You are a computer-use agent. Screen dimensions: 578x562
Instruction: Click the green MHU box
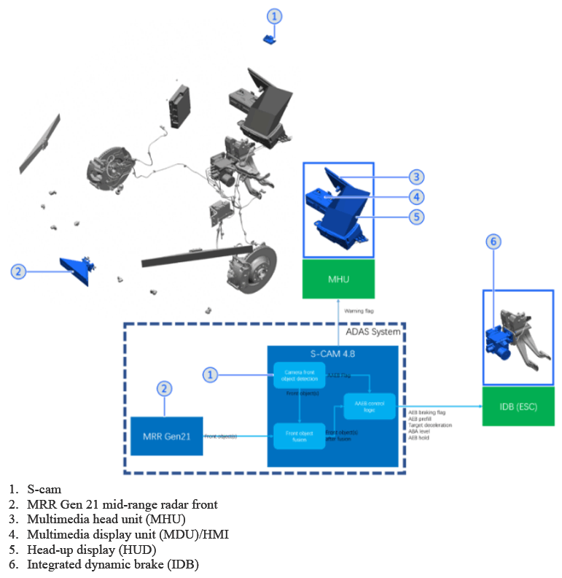coord(338,279)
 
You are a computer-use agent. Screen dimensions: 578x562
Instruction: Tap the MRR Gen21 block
coord(166,436)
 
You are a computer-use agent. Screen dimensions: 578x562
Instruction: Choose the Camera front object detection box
coord(299,375)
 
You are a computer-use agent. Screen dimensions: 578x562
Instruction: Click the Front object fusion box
coord(299,435)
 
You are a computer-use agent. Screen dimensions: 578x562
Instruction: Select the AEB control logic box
coord(369,406)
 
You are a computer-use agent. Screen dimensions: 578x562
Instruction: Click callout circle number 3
coord(415,177)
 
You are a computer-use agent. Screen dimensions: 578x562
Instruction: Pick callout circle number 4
coord(415,196)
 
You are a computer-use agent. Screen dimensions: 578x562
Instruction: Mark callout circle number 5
coord(415,217)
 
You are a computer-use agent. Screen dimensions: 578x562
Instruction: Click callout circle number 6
coord(494,242)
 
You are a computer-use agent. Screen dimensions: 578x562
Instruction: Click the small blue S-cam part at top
coord(270,39)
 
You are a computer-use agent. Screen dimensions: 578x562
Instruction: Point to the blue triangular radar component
coord(77,270)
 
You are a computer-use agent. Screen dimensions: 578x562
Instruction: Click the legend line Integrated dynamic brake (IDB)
coord(113,563)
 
